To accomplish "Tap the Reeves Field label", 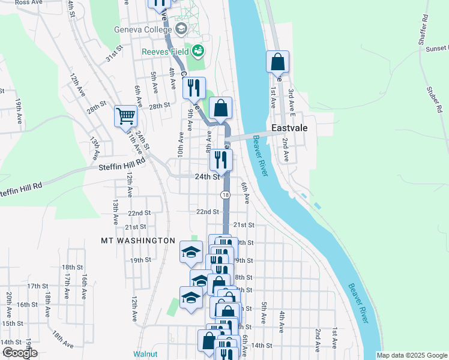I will pyautogui.click(x=166, y=52).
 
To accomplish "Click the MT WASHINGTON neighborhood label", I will pyautogui.click(x=137, y=241).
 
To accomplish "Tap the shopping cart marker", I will pyautogui.click(x=126, y=115).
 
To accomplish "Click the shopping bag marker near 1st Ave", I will pyautogui.click(x=278, y=62).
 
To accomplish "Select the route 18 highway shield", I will pyautogui.click(x=225, y=195).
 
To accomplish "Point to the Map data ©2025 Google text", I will pyautogui.click(x=412, y=355).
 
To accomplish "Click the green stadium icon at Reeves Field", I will pyautogui.click(x=199, y=51).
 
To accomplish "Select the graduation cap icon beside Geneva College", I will pyautogui.click(x=181, y=29).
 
